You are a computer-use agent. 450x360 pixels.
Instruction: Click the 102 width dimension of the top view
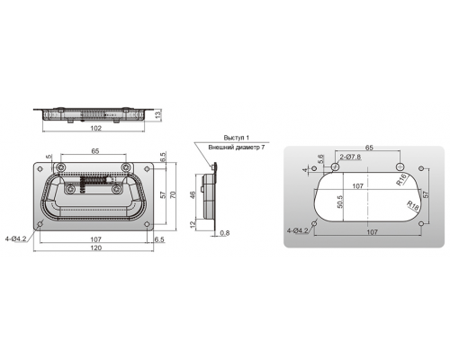[x=95, y=128]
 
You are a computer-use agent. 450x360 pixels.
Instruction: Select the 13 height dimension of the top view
[x=158, y=114]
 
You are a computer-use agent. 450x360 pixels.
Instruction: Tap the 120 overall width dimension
[x=96, y=247]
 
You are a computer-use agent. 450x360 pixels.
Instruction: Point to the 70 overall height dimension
[x=173, y=194]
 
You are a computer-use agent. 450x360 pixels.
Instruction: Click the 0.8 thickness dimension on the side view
[x=225, y=233]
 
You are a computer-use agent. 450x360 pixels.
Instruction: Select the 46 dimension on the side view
[x=193, y=195]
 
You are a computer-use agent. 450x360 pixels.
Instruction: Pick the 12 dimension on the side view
[x=193, y=223]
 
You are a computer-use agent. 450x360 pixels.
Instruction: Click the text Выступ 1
[x=237, y=138]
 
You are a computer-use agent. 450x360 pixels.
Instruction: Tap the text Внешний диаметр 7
[x=237, y=148]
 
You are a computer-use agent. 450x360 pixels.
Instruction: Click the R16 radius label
[x=401, y=179]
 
